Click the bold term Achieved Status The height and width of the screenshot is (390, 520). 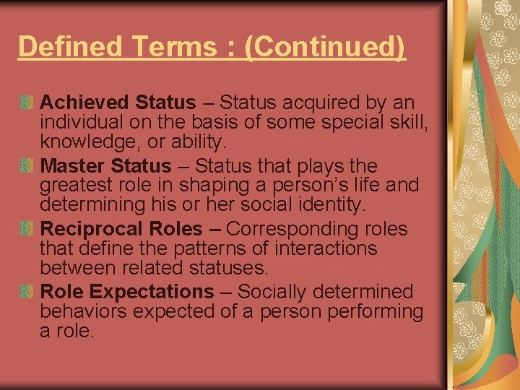(118, 103)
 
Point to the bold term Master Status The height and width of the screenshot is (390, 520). (106, 166)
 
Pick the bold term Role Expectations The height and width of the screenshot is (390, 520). (126, 292)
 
